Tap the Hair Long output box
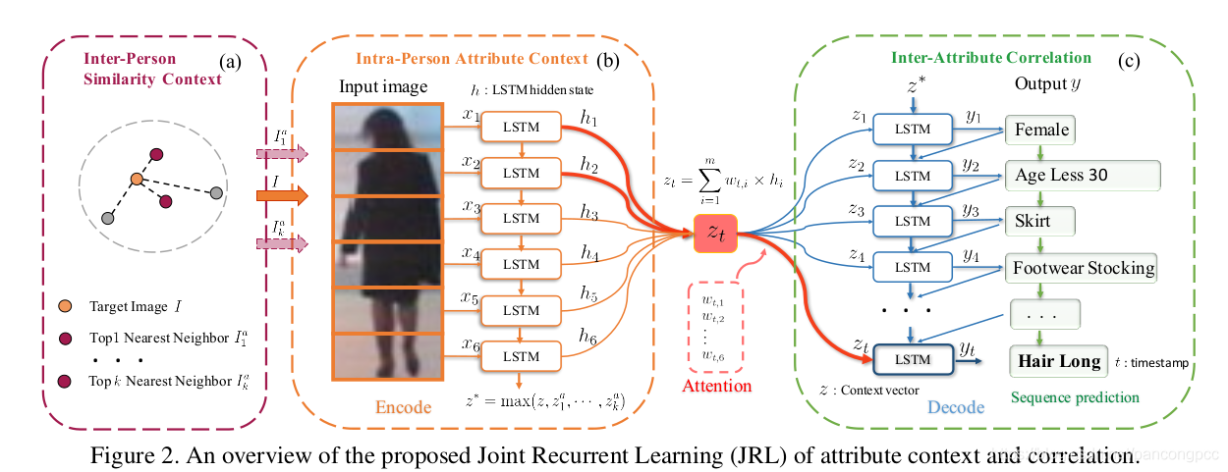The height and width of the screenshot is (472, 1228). (x=1058, y=361)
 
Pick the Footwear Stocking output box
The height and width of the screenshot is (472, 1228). (x=1082, y=266)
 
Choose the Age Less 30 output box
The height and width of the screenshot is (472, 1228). (x=1082, y=176)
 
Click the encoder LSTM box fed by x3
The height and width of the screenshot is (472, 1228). (x=521, y=218)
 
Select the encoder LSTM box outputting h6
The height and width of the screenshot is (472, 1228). (x=521, y=355)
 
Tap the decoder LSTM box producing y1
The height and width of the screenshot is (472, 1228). (x=914, y=130)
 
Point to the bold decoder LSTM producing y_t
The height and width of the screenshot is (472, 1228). (x=914, y=360)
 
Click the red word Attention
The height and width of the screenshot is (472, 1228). (x=715, y=386)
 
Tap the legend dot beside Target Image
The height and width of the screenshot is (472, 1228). (x=65, y=307)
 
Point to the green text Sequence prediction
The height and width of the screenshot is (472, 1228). (x=1076, y=397)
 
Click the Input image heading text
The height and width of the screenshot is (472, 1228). (x=383, y=86)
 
